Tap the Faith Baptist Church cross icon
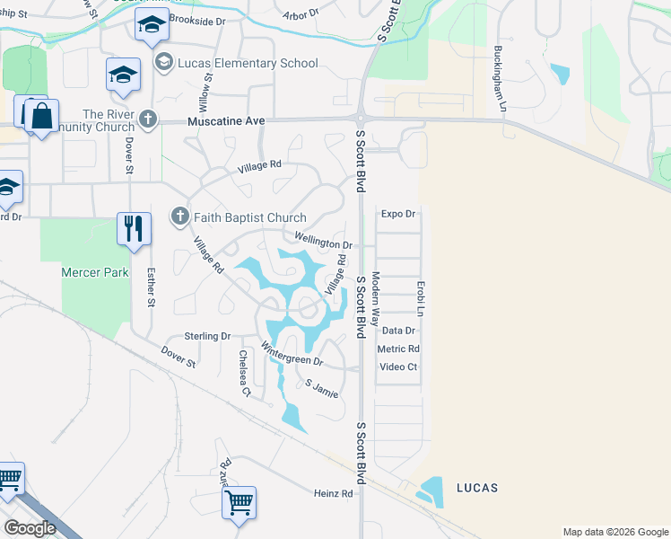coord(179,216)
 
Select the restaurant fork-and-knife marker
coord(134,228)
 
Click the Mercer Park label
coord(95,272)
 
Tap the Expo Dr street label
coord(398,214)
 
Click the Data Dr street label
coord(398,331)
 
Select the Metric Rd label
coord(398,349)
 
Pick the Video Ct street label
coord(398,367)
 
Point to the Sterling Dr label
coord(207,336)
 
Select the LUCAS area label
coord(476,488)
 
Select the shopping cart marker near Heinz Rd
coord(240,504)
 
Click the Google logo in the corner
coord(30,528)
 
